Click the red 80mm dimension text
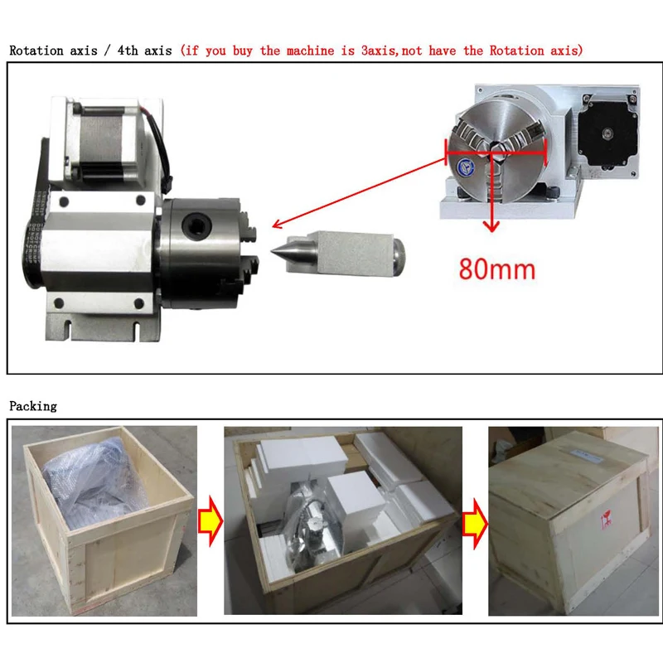click(x=496, y=269)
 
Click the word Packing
click(x=33, y=406)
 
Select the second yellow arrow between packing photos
click(x=474, y=521)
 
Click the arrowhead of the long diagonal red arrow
click(x=278, y=225)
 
